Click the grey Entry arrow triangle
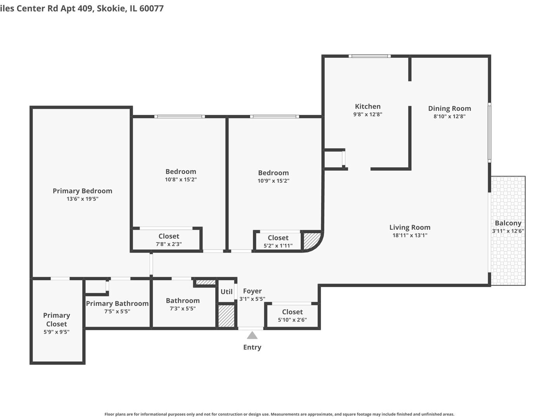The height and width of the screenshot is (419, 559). coord(252,335)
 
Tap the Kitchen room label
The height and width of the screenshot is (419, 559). coord(368,106)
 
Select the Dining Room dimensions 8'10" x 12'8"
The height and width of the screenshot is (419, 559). coord(449,116)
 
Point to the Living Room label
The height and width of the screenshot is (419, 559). coord(410,227)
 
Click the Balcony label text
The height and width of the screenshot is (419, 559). coord(508,223)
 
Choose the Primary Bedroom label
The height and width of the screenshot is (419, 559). coord(82,191)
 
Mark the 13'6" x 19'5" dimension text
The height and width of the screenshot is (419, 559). coord(82,199)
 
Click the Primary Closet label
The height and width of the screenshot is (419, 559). coord(57,320)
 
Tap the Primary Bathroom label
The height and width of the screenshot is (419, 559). coord(117,303)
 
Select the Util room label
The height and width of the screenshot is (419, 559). coord(227,292)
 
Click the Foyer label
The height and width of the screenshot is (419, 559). coord(252,291)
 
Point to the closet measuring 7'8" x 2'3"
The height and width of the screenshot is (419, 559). coord(169,240)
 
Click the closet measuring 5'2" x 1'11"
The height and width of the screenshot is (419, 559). coord(278,241)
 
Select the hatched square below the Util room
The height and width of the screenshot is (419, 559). coord(226,316)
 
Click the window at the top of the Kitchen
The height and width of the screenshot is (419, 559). coord(369,56)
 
